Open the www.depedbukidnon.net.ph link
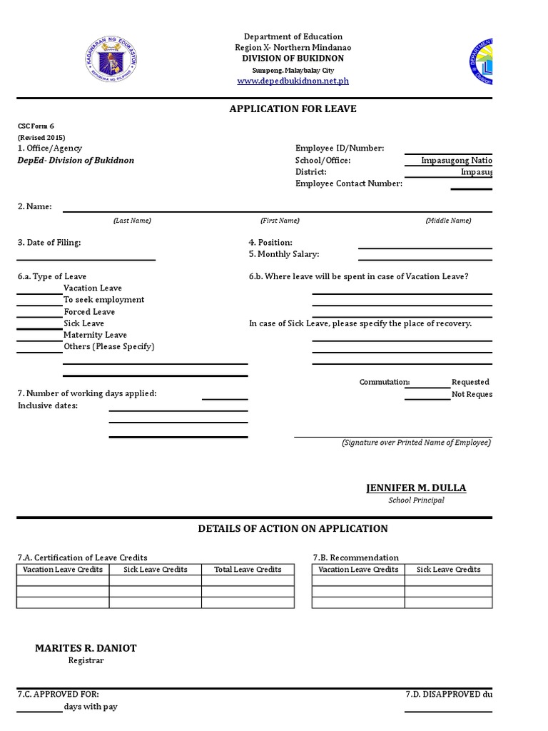(x=293, y=81)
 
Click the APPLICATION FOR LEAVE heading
(x=293, y=109)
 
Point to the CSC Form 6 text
(x=36, y=126)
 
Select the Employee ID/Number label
(x=340, y=148)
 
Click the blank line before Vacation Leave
(x=39, y=293)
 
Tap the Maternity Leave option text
(x=95, y=335)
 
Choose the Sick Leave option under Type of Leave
(x=83, y=323)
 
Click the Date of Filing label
(x=49, y=243)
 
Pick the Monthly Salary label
(x=284, y=254)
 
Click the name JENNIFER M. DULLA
(x=416, y=488)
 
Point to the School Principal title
(x=416, y=500)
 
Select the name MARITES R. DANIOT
(x=86, y=648)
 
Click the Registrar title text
(x=86, y=660)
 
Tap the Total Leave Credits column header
(x=248, y=570)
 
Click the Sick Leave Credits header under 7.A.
(x=155, y=570)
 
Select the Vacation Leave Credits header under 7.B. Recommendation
(x=358, y=570)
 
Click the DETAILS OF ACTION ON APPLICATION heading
(x=293, y=529)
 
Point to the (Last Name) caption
(x=132, y=221)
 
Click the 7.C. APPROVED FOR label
(x=58, y=695)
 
